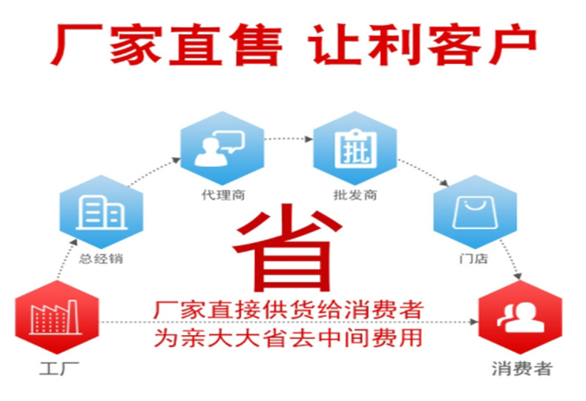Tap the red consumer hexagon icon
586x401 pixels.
click(x=519, y=321)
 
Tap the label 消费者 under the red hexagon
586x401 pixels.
click(x=521, y=368)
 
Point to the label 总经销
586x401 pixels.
click(x=102, y=259)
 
